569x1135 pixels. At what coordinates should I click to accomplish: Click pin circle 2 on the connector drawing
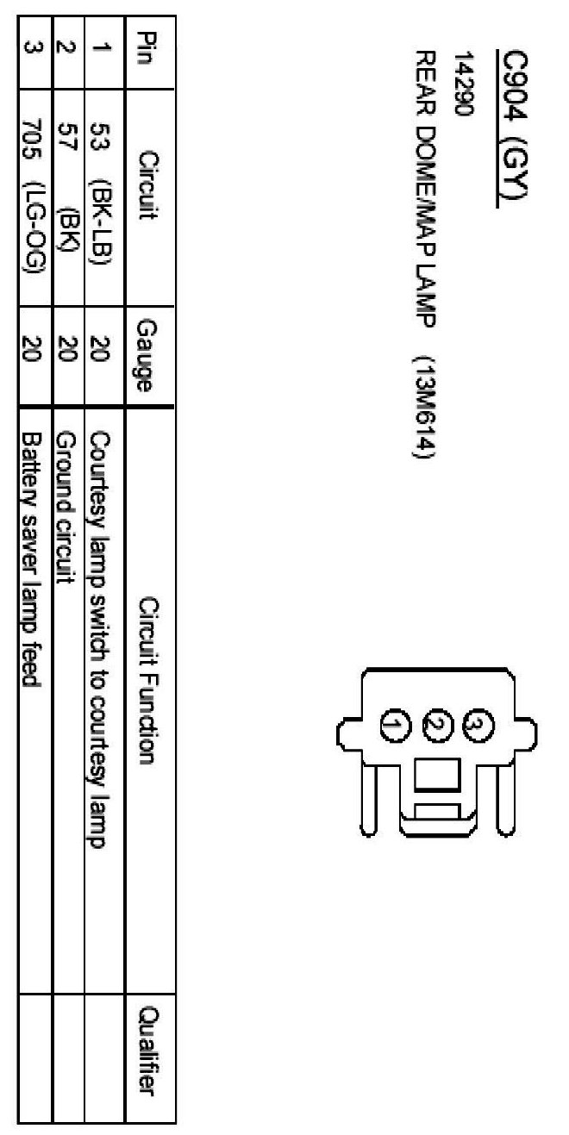tap(435, 721)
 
